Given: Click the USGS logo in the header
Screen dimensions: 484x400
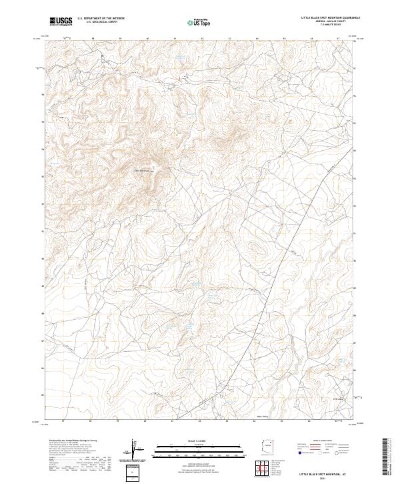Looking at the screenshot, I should [61, 21].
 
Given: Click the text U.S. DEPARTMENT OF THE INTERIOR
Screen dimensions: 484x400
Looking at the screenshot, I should [101, 19].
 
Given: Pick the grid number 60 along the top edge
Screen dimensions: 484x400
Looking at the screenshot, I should [147, 39].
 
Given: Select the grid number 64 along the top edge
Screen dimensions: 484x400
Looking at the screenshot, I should [257, 39].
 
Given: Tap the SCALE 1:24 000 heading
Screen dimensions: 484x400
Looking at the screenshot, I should [200, 439].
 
